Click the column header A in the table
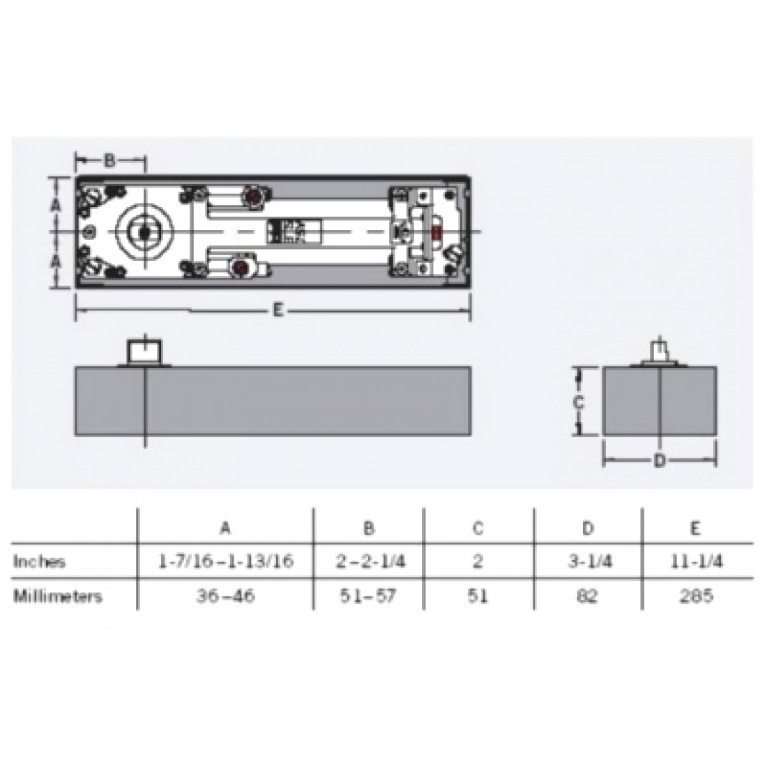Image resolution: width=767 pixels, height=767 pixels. pyautogui.click(x=225, y=528)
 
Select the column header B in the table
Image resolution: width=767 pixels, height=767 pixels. pyautogui.click(x=369, y=528)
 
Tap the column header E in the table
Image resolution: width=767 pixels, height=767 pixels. pyautogui.click(x=695, y=528)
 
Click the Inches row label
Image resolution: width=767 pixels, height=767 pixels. pyautogui.click(x=40, y=561)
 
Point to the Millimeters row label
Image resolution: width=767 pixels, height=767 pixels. pyautogui.click(x=58, y=596)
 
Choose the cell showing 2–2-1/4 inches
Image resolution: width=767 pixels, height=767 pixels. pyautogui.click(x=369, y=561)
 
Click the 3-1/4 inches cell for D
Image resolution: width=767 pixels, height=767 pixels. pyautogui.click(x=587, y=561)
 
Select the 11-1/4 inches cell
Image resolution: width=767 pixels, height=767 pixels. pyautogui.click(x=695, y=561)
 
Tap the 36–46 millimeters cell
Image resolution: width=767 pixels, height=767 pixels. pyautogui.click(x=225, y=596)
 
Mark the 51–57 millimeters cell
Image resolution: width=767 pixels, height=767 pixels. pyautogui.click(x=369, y=596)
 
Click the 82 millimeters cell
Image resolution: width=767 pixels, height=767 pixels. pyautogui.click(x=587, y=596)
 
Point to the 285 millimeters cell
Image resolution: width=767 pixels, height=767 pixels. pyautogui.click(x=695, y=596)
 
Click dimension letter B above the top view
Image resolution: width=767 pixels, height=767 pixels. pyautogui.click(x=109, y=161)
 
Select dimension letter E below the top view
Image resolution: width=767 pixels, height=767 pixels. pyautogui.click(x=277, y=312)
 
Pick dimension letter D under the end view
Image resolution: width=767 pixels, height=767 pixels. pyautogui.click(x=659, y=461)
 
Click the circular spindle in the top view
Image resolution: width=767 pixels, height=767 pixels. pyautogui.click(x=143, y=231)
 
